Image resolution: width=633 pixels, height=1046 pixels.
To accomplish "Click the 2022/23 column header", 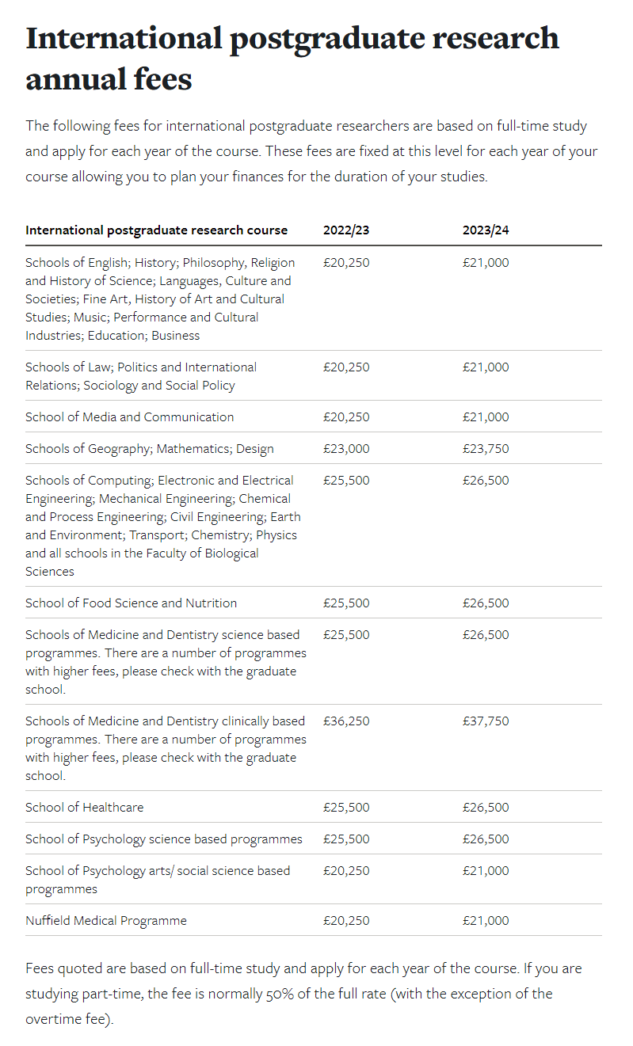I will pos(346,230).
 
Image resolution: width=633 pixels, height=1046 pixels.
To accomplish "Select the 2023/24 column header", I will pos(486,230).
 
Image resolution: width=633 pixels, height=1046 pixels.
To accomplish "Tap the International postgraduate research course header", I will pos(156,230).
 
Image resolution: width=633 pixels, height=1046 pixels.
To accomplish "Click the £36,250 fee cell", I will pos(346,721).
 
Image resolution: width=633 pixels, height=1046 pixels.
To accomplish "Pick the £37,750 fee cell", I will pos(486,721).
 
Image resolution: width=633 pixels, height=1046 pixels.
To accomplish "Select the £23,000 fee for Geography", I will pos(346,449).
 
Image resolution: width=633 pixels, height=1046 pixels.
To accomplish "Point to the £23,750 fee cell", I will pos(486,449).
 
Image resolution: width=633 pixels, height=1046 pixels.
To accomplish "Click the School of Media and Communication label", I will pos(129,417).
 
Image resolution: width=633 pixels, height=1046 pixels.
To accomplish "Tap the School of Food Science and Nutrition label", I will pos(131,603).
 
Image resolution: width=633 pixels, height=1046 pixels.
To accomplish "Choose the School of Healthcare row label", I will pos(84,808).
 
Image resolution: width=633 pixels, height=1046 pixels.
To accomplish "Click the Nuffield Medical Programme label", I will pos(106,921).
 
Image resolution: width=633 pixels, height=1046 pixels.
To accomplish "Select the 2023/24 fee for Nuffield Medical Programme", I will pos(486,921).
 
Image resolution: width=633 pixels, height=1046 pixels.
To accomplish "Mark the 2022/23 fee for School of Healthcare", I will pos(346,808).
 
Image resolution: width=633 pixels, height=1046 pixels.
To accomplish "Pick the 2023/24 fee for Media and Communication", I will pos(486,417).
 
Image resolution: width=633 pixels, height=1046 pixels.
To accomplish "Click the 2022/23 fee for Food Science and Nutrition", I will pos(346,603).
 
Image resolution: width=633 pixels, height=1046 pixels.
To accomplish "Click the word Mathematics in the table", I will pos(193,449).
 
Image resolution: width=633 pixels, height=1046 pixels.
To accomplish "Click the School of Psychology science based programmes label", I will pos(163,839).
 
